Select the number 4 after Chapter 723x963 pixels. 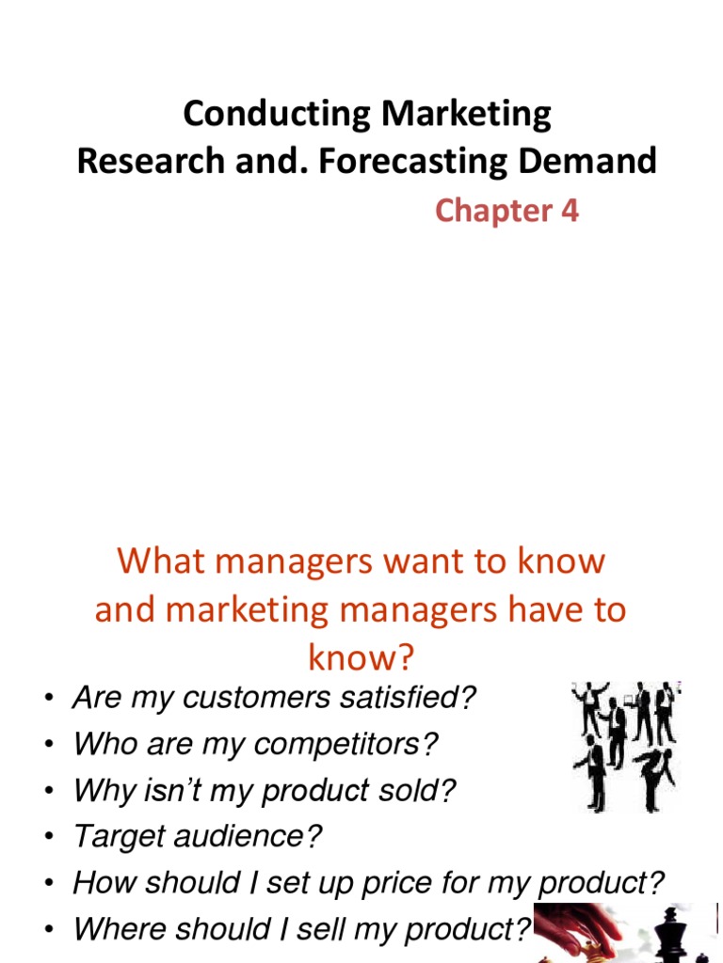coord(569,211)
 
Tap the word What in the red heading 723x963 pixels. coord(153,561)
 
